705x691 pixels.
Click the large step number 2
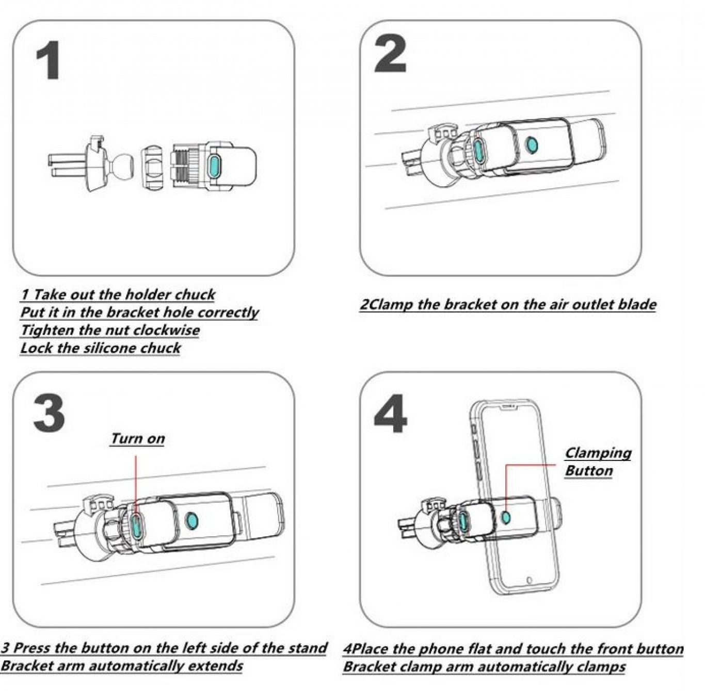click(390, 54)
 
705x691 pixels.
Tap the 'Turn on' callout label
click(137, 439)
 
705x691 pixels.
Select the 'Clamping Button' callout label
click(597, 462)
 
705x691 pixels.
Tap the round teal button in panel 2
click(531, 144)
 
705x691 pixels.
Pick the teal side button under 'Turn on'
click(136, 525)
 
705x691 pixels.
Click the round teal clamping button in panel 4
click(506, 516)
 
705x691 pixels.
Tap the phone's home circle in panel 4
click(529, 580)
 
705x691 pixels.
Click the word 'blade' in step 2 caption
click(637, 304)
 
